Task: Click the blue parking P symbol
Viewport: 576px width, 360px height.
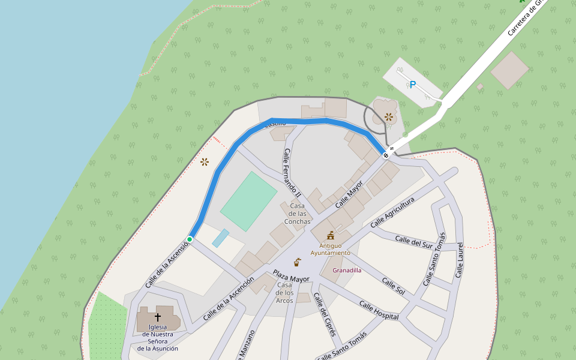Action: click(412, 85)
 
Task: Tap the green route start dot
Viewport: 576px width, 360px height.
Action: click(190, 239)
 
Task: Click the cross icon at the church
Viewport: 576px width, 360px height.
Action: click(158, 316)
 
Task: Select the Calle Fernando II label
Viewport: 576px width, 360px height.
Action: click(292, 173)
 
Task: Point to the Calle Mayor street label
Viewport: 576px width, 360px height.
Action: click(349, 194)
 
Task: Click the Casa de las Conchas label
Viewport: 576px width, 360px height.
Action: click(297, 214)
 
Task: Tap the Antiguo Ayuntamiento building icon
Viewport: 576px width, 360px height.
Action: click(330, 235)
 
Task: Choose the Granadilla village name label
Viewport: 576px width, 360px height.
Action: click(347, 270)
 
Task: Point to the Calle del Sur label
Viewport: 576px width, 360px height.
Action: click(414, 242)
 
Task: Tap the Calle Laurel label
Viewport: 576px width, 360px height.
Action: click(460, 260)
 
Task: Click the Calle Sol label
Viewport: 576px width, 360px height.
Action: click(393, 287)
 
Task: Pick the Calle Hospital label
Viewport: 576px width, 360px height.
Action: click(379, 310)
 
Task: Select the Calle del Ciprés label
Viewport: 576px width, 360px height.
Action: click(325, 317)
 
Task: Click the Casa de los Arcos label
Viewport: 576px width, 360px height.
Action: click(284, 293)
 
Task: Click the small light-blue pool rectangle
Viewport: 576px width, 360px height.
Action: click(220, 238)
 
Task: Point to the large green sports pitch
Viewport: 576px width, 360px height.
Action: click(248, 201)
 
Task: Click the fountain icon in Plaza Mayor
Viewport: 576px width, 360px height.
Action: click(297, 262)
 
